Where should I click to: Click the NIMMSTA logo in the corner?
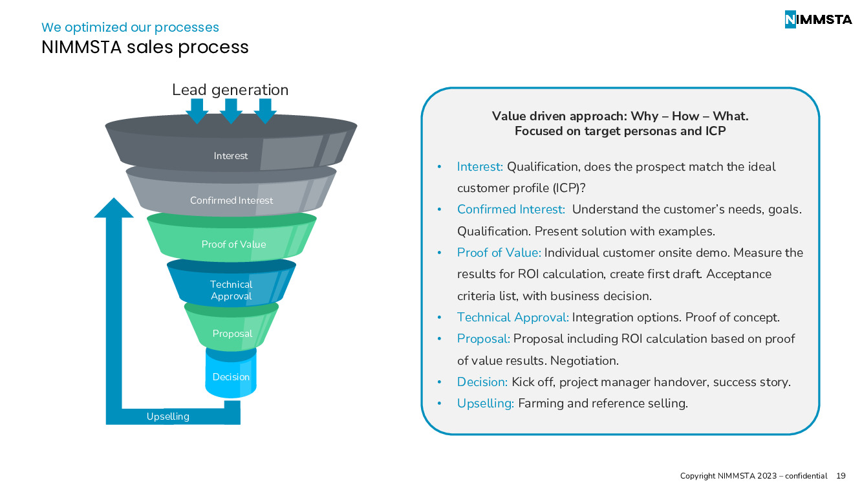[x=818, y=19]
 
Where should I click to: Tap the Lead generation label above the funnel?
[x=230, y=90]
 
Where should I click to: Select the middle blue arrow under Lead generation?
[x=231, y=111]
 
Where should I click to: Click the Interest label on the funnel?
[x=231, y=156]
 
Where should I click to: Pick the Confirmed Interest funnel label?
[x=232, y=200]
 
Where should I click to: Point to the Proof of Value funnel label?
[x=233, y=244]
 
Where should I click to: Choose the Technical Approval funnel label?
[x=232, y=290]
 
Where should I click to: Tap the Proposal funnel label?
[x=232, y=334]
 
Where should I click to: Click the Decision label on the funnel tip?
[x=231, y=377]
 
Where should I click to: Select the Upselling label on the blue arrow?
[x=168, y=416]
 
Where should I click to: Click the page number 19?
[x=841, y=476]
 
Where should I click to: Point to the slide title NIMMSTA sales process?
[x=145, y=47]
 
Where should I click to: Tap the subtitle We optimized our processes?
[x=130, y=27]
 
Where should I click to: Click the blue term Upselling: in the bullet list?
[x=485, y=404]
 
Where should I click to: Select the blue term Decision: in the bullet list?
[x=482, y=382]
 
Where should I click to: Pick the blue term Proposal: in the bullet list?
[x=483, y=339]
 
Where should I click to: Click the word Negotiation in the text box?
[x=585, y=360]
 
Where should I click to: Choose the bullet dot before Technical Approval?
[x=439, y=318]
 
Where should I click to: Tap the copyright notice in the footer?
[x=753, y=476]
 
